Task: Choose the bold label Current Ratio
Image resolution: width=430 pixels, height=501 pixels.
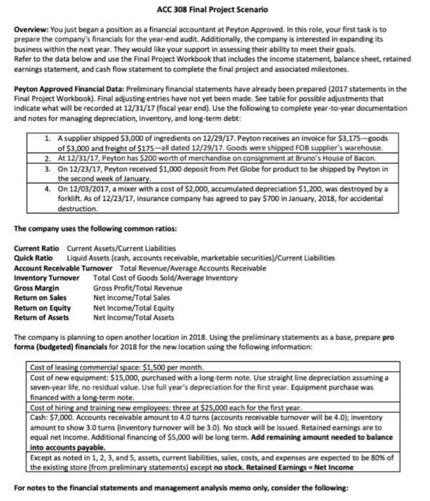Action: pos(34,248)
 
